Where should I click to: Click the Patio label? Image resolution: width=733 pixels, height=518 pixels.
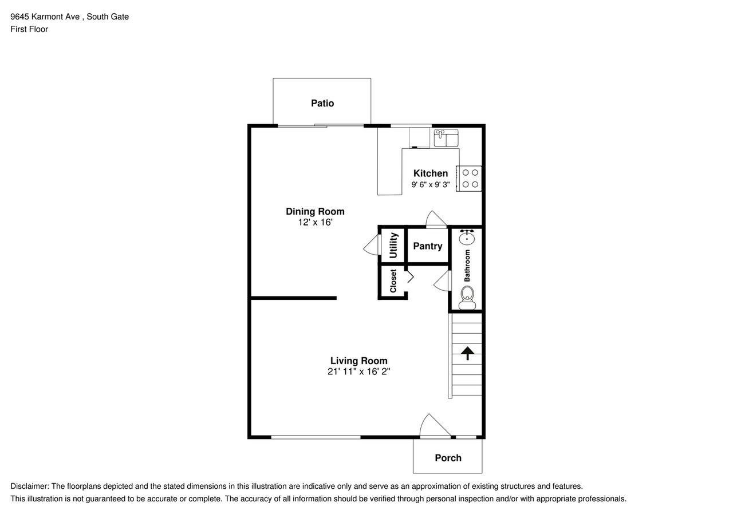click(x=322, y=104)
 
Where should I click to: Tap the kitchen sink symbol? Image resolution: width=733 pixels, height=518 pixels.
click(x=446, y=138)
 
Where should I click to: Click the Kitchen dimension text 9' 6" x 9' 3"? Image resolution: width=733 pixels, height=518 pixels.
click(x=431, y=185)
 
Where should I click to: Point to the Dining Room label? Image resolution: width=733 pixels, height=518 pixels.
click(x=315, y=212)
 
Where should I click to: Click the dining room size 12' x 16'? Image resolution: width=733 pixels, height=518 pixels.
click(x=315, y=222)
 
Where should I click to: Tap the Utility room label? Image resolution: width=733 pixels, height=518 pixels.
click(x=393, y=245)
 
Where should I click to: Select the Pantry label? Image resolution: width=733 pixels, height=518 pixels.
click(x=428, y=246)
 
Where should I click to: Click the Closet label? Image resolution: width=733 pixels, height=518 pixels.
click(x=393, y=281)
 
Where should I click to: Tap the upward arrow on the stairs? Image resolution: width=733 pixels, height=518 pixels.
click(x=467, y=353)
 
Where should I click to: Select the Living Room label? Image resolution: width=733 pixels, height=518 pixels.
click(x=358, y=361)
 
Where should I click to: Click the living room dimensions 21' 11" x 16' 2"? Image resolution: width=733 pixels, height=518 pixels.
click(x=358, y=371)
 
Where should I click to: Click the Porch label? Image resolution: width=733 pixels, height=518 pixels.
click(x=448, y=458)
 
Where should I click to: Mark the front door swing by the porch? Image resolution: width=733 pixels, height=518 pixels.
click(x=434, y=426)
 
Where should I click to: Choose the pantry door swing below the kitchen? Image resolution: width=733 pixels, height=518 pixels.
click(x=436, y=219)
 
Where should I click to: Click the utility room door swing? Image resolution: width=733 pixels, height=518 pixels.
click(x=371, y=245)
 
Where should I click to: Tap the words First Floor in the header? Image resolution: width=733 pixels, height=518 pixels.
click(x=29, y=29)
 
